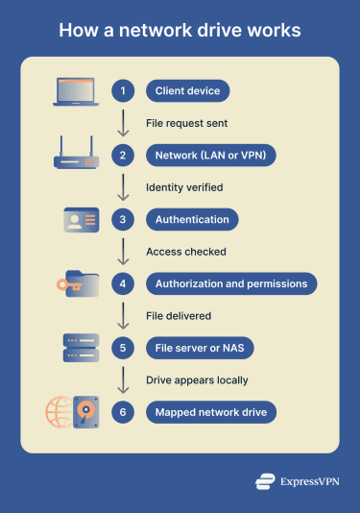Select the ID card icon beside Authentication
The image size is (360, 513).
(81, 219)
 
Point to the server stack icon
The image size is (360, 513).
(81, 348)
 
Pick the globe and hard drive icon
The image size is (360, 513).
(73, 412)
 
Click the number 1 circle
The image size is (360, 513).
(123, 91)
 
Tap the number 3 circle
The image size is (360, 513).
(123, 220)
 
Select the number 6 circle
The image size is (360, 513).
(123, 413)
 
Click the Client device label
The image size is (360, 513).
(188, 91)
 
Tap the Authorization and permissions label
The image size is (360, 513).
(231, 284)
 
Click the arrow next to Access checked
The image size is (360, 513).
(123, 252)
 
